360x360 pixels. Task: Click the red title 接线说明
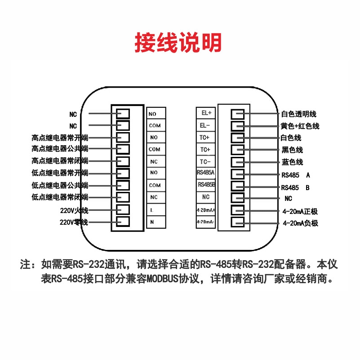click(179, 43)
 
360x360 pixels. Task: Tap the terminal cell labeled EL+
click(206, 113)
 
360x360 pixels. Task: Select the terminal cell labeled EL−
click(206, 125)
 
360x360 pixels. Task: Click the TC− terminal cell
click(206, 161)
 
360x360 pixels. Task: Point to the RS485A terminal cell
click(206, 173)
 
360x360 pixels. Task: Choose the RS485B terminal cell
click(206, 185)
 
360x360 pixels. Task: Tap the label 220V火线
click(74, 210)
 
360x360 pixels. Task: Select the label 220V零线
click(74, 222)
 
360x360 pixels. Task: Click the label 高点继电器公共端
click(60, 149)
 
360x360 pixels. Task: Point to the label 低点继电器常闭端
click(60, 197)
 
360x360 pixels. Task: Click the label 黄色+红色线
click(300, 126)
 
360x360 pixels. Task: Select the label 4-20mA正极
click(300, 211)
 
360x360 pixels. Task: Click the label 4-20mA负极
click(300, 223)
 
